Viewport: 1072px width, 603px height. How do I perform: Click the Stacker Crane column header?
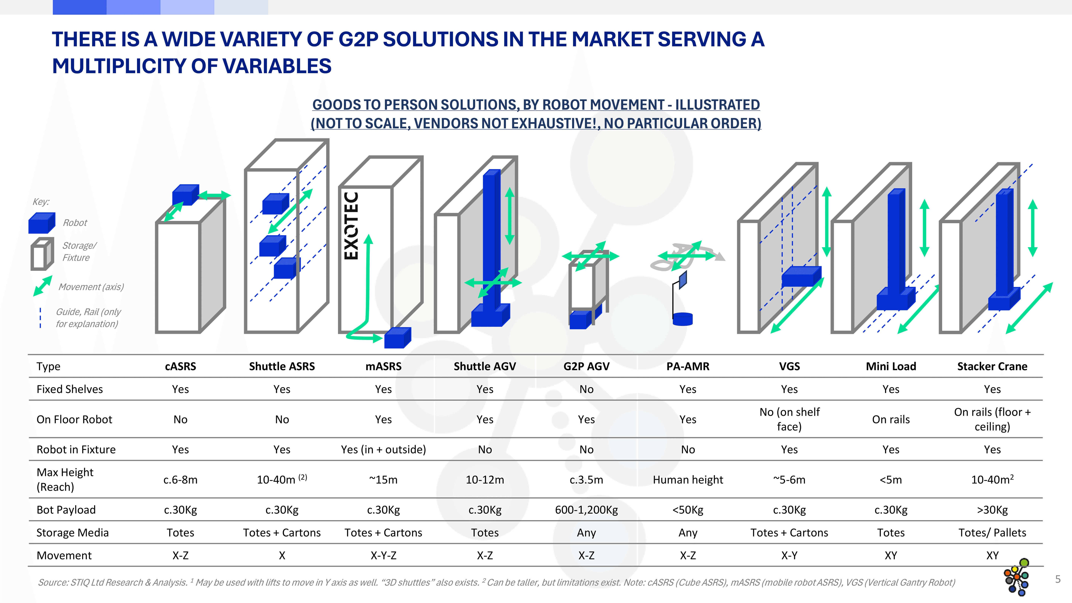coord(992,366)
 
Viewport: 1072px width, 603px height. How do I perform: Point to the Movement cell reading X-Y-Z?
coord(383,556)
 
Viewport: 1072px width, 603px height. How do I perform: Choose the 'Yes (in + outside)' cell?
coord(383,449)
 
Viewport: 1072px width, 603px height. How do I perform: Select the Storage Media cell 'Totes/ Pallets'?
coord(992,533)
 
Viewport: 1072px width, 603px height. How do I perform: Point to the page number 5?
coord(1057,579)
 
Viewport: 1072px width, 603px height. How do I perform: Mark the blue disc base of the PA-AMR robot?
coord(682,319)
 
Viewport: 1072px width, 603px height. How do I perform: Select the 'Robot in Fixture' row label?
coord(76,449)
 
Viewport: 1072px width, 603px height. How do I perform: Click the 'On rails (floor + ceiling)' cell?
coord(992,419)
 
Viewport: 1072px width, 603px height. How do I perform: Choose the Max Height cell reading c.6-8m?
coord(180,480)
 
